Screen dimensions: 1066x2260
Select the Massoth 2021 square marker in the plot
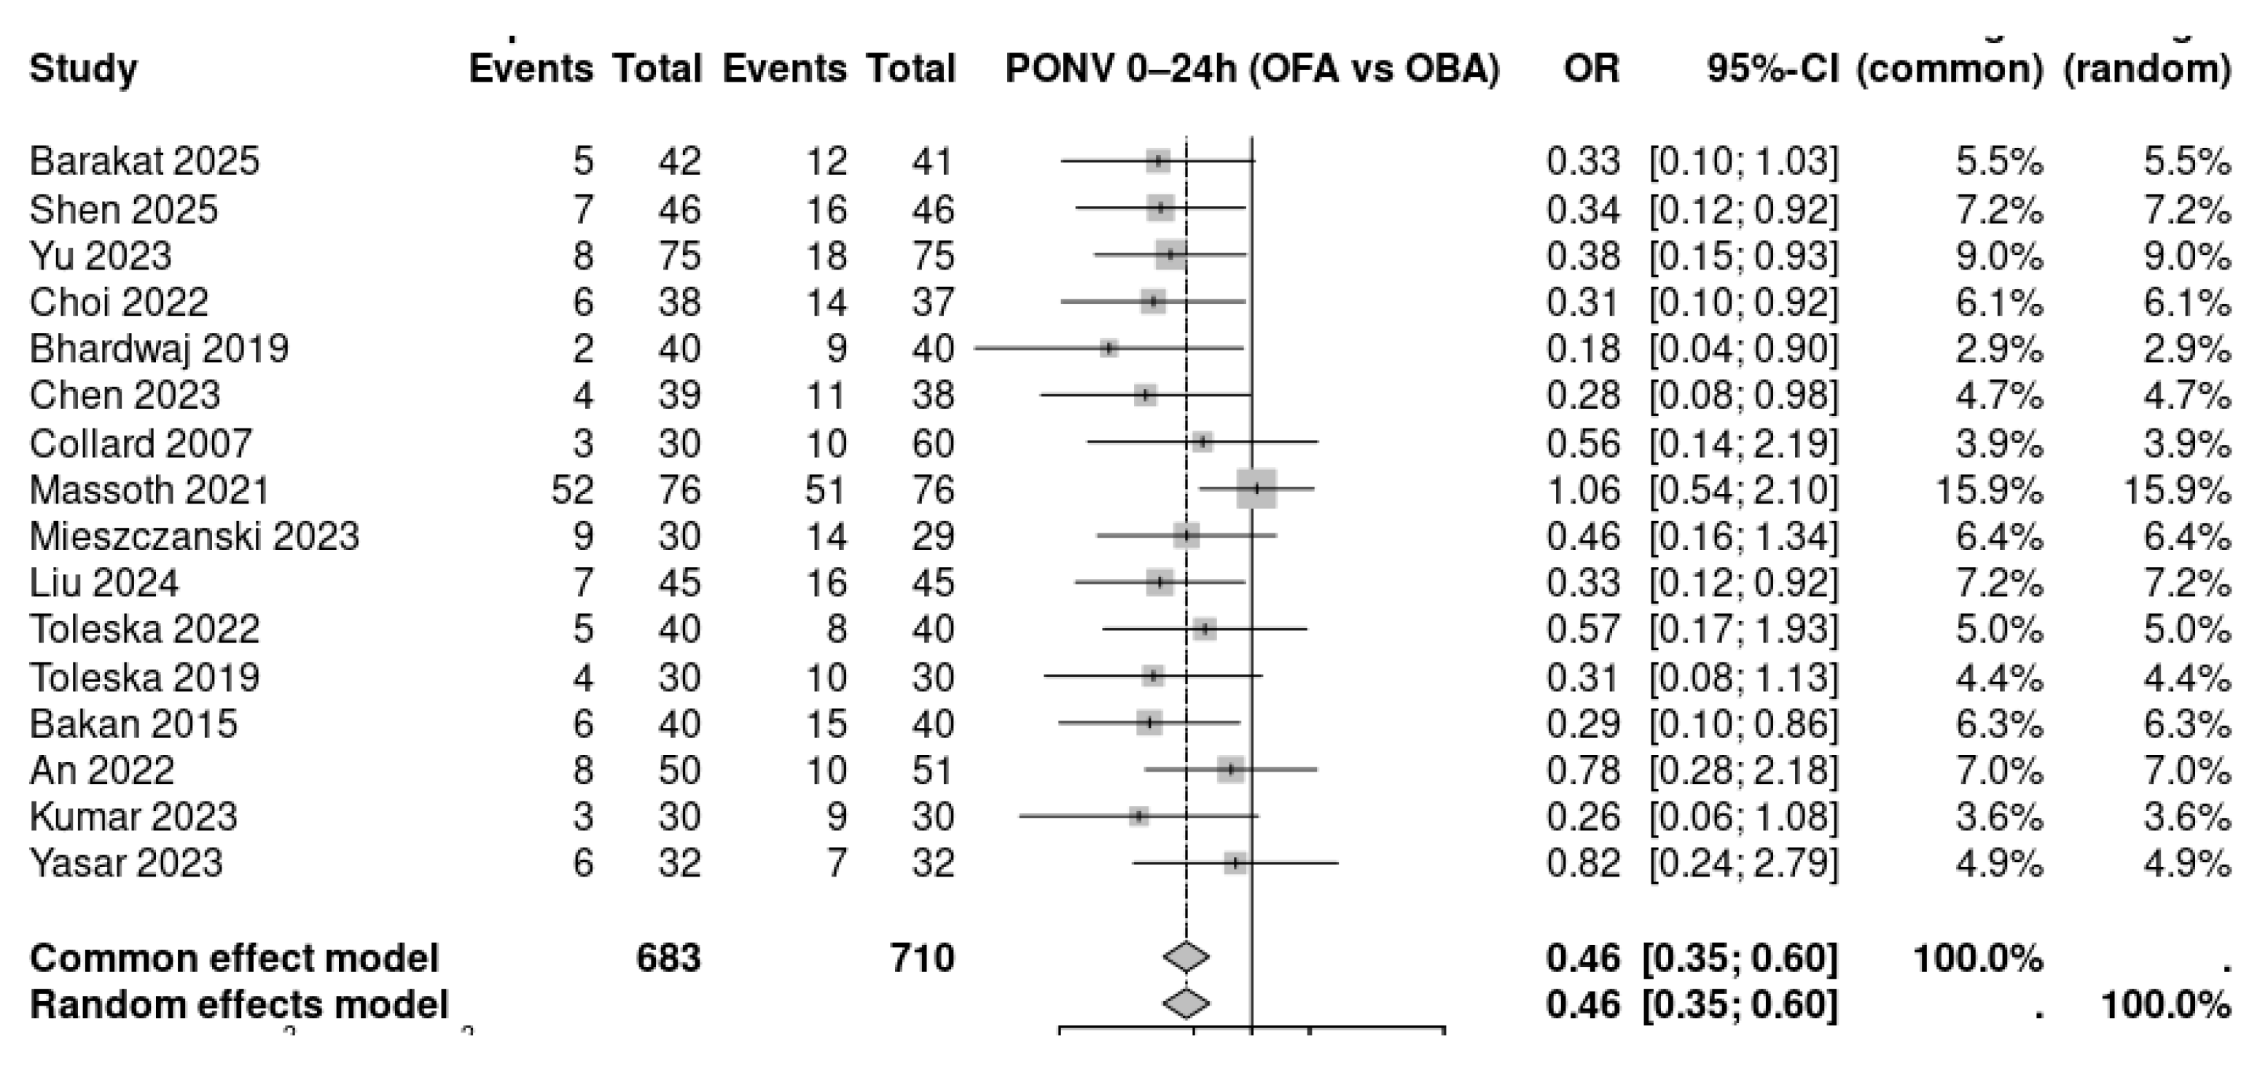coord(1256,489)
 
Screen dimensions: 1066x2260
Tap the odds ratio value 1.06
coord(1583,490)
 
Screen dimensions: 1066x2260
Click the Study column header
coord(83,68)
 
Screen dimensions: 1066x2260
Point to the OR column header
coord(1590,68)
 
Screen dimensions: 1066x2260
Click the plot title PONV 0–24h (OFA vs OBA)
coord(1252,68)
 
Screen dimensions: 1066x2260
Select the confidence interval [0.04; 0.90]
coord(1743,349)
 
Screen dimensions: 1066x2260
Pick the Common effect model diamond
coord(1186,957)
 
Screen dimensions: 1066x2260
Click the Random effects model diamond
coord(1186,1004)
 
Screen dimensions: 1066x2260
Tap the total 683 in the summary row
coord(668,957)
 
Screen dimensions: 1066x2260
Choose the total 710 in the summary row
coord(922,957)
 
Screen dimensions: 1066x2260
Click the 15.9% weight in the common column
coord(1989,490)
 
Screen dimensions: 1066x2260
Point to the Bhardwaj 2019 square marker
coord(1110,348)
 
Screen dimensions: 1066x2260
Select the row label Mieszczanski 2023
coord(194,536)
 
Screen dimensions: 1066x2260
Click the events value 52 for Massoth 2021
coord(573,490)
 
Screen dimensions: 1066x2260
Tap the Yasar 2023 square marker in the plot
coord(1236,863)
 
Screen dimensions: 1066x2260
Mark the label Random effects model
coord(238,1005)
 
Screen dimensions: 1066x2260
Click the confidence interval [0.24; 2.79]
coord(1743,863)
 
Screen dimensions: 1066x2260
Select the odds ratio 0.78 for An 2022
coord(1583,770)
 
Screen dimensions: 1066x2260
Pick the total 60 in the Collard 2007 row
coord(933,443)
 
